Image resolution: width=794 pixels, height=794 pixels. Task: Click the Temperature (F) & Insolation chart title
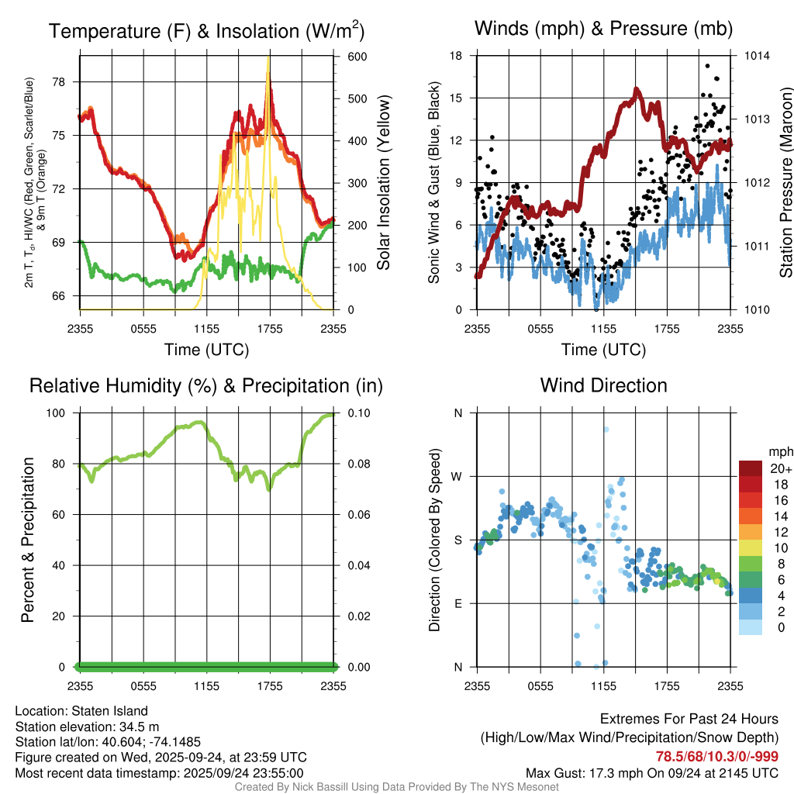[x=206, y=31]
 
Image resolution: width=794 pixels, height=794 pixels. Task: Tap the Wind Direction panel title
[x=603, y=385]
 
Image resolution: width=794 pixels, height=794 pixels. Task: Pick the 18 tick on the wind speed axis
[x=456, y=57]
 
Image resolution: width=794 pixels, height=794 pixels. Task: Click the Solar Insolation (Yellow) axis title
[x=383, y=183]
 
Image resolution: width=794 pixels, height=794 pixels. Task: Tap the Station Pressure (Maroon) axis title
[x=785, y=183]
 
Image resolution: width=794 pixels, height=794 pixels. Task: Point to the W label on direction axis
[x=457, y=476]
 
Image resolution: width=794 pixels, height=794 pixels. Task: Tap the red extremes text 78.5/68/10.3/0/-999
[x=717, y=757]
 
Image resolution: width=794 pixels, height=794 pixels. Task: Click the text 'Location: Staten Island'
[x=81, y=711]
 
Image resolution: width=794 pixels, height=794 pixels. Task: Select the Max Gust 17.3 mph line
[x=652, y=773]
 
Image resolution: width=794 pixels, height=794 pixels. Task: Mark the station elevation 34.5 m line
[x=87, y=727]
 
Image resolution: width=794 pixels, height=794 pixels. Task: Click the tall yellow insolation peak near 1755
[x=268, y=62]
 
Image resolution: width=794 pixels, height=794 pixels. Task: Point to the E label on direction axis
[x=458, y=603]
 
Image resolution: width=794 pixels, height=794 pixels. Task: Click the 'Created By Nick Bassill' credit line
[x=396, y=787]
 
